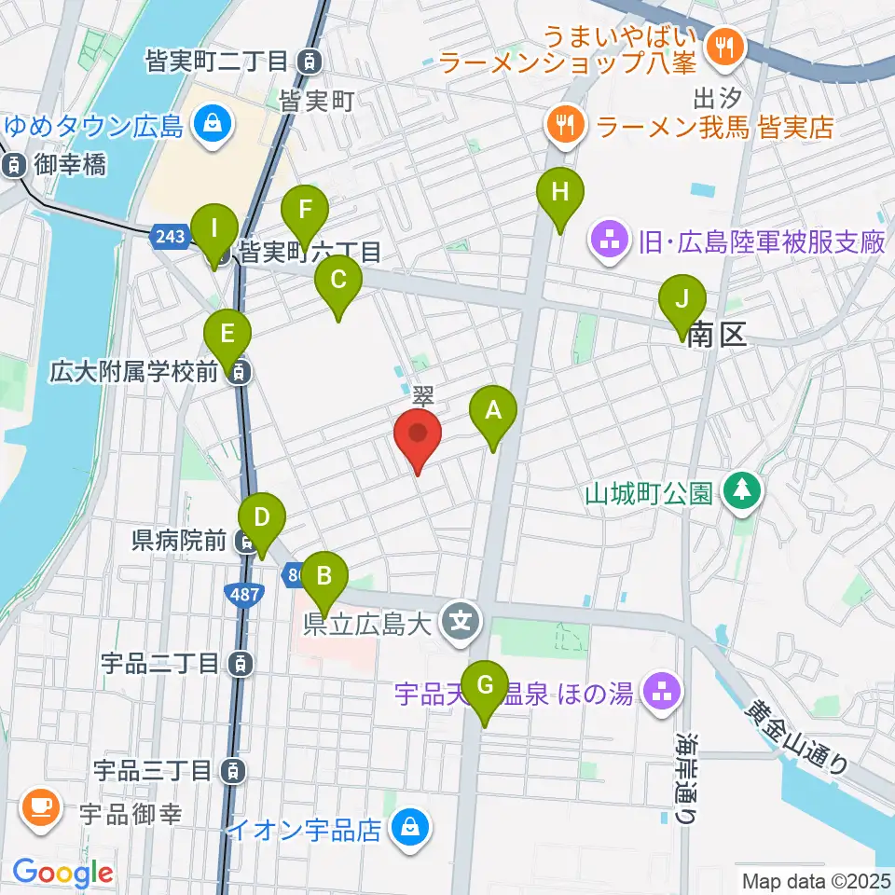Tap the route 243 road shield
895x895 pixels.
click(x=171, y=237)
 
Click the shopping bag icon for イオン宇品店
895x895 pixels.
click(x=408, y=825)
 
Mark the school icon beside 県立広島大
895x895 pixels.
click(x=461, y=616)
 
